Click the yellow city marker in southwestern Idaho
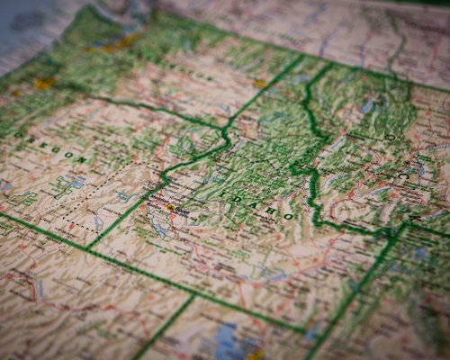tap(170, 208)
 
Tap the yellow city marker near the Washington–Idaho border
tap(260, 83)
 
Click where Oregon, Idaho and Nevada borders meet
tap(90, 248)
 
